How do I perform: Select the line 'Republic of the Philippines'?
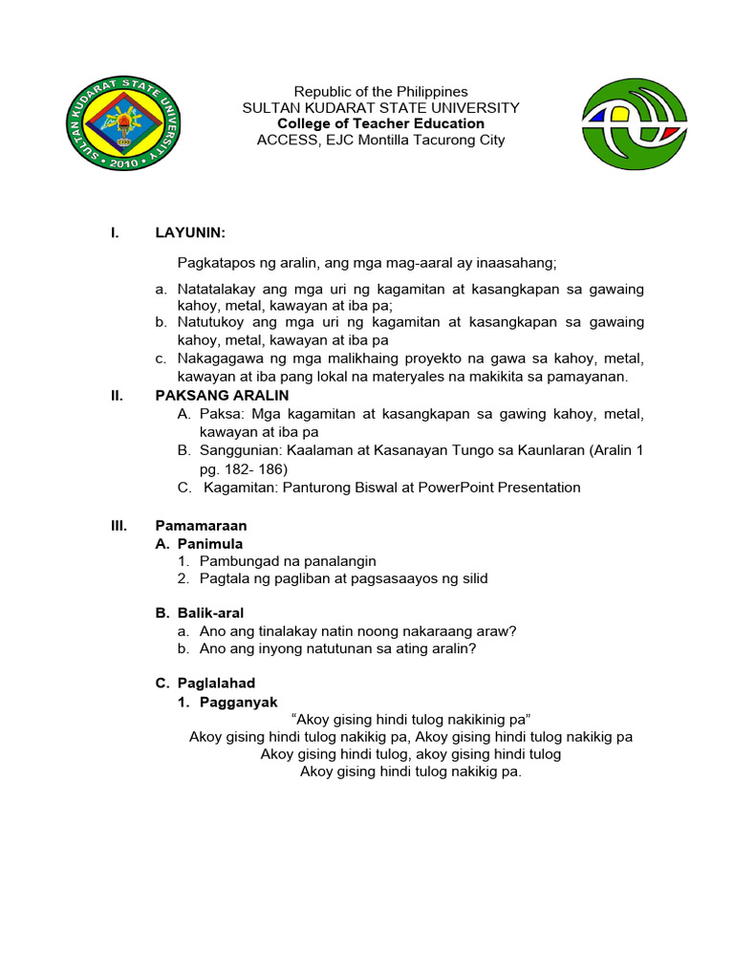[380, 92]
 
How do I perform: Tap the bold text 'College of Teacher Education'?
[380, 123]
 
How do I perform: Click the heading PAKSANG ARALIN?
[222, 395]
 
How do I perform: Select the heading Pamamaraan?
[201, 525]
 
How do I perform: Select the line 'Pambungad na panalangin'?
[288, 561]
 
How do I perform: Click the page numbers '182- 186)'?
[244, 468]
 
